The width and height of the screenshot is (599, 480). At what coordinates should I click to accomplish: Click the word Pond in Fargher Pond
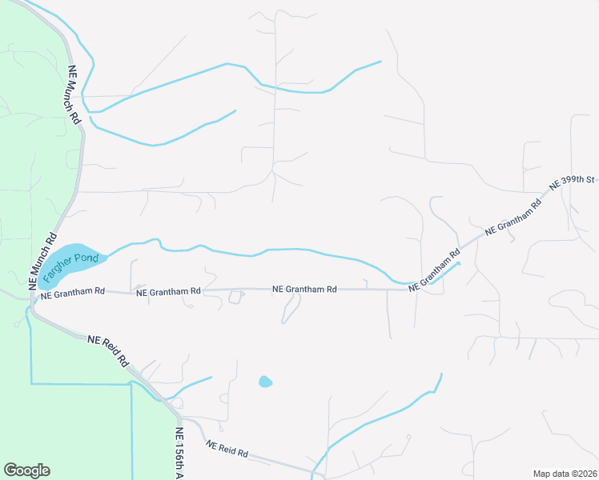pyautogui.click(x=90, y=258)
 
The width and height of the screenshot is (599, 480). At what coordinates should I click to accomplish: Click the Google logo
pyautogui.click(x=27, y=470)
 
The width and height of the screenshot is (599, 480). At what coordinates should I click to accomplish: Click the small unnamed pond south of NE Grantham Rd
pyautogui.click(x=265, y=382)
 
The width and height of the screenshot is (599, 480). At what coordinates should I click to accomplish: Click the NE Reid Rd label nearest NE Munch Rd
pyautogui.click(x=108, y=350)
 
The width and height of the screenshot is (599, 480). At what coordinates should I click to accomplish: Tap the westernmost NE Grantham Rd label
pyautogui.click(x=72, y=293)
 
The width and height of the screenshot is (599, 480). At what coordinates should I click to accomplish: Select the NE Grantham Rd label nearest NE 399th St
pyautogui.click(x=513, y=217)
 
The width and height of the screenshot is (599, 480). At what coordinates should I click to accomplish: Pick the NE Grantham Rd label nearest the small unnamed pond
pyautogui.click(x=304, y=290)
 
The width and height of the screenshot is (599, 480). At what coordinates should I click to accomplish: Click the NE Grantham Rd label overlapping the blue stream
pyautogui.click(x=434, y=268)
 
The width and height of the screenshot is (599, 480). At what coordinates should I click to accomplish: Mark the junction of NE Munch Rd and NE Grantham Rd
pyautogui.click(x=33, y=294)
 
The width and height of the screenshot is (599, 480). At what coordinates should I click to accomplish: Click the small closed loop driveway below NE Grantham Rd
pyautogui.click(x=235, y=297)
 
